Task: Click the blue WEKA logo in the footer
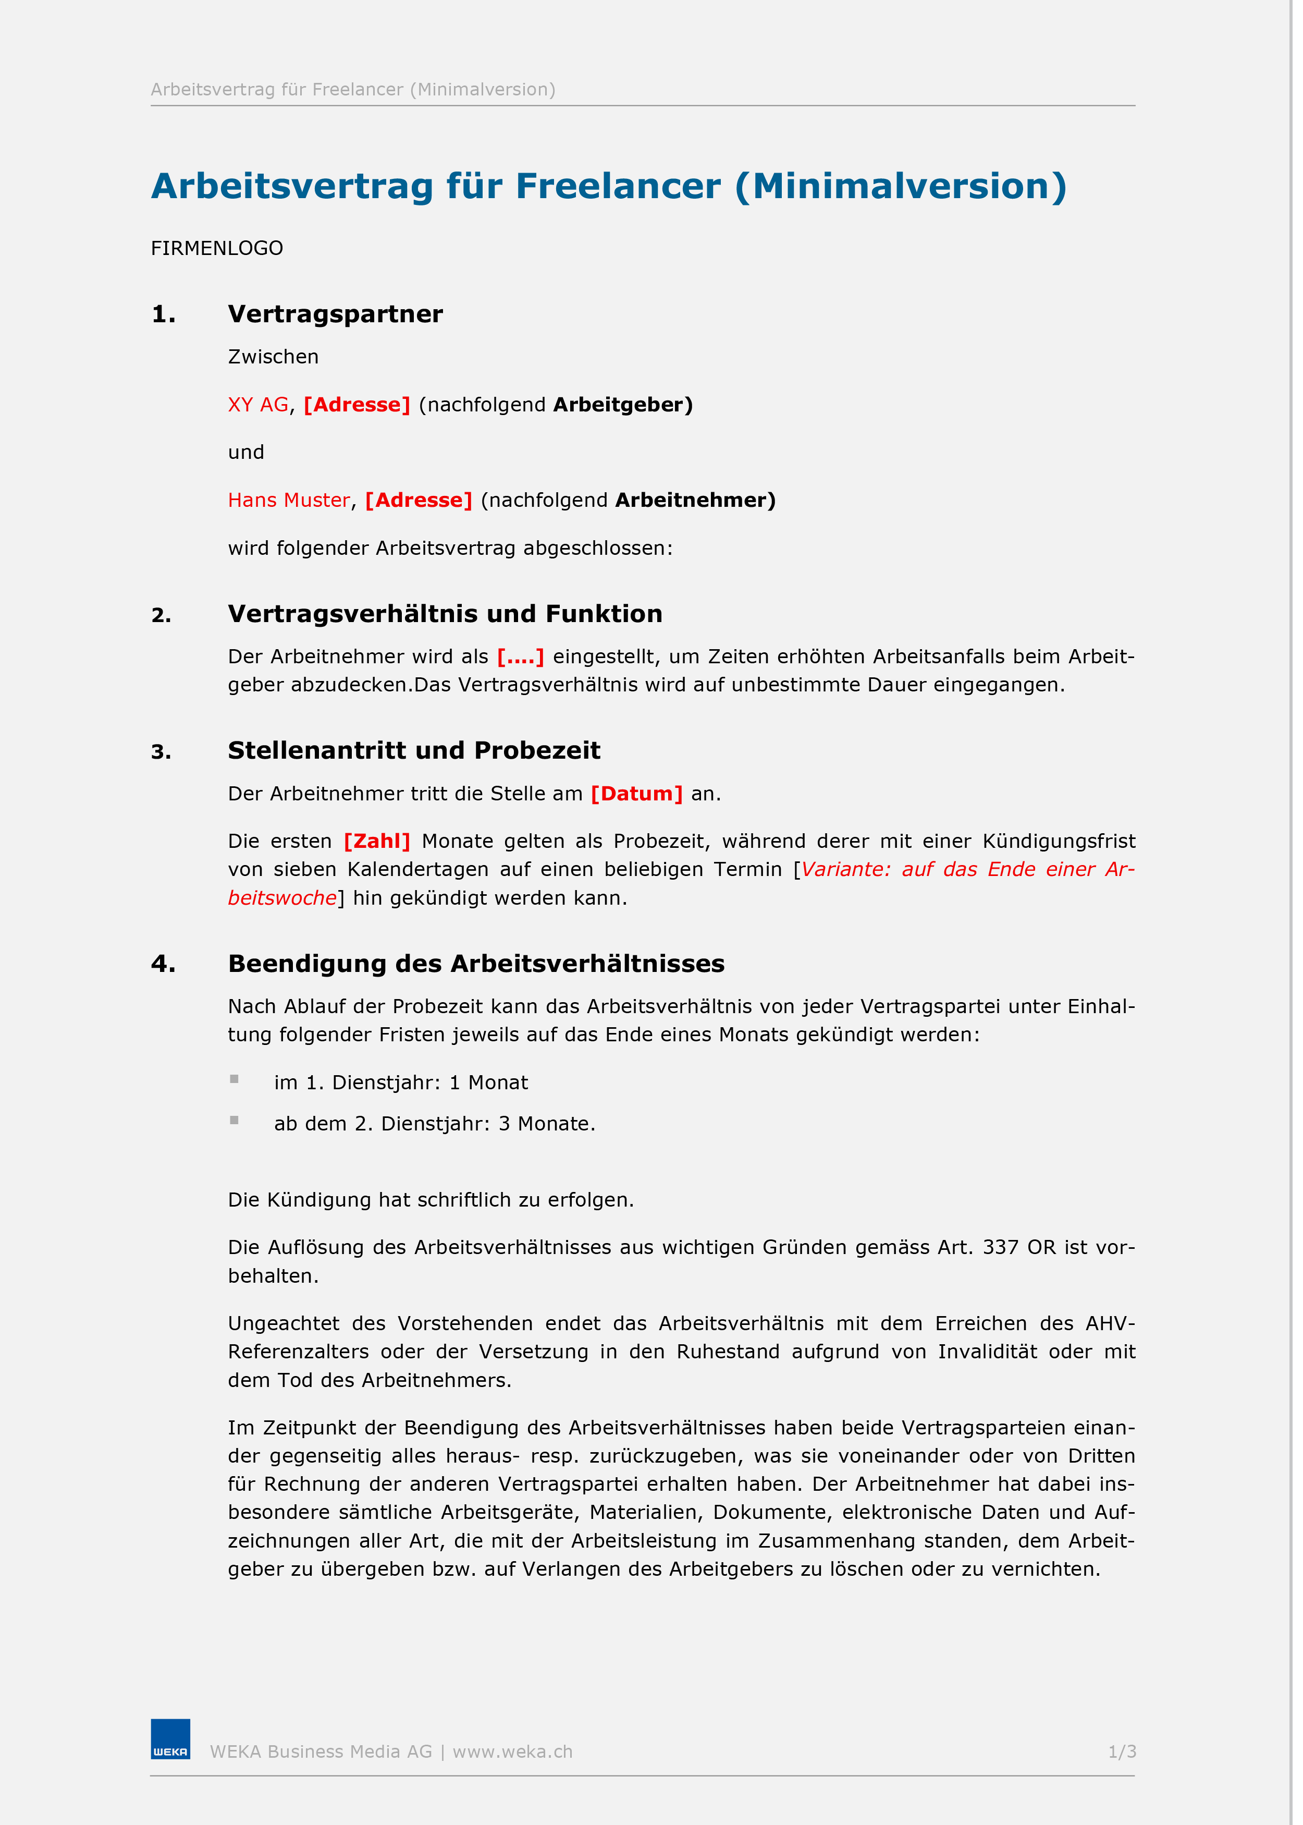tap(170, 1738)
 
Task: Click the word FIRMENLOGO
tap(217, 248)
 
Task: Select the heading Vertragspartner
tap(335, 314)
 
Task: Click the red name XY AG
tap(257, 405)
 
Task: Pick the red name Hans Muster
tap(289, 500)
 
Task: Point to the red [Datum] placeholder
tap(636, 794)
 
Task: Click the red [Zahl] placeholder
tap(376, 841)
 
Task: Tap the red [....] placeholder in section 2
tap(520, 656)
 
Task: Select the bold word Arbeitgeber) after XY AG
tap(623, 405)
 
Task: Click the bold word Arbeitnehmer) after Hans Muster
tap(695, 500)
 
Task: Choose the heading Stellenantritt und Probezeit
tap(414, 750)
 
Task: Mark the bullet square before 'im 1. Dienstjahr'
tap(235, 1079)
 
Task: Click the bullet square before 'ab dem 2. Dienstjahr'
tap(235, 1121)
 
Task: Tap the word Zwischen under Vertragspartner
tap(273, 356)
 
